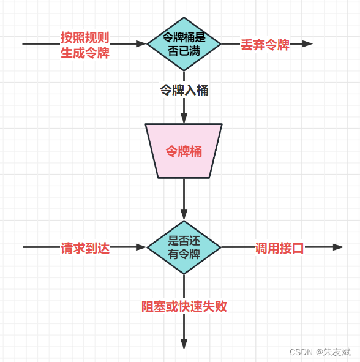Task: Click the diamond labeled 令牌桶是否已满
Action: click(x=184, y=43)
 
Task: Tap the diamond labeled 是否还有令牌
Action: click(x=184, y=247)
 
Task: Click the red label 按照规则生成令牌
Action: click(x=84, y=45)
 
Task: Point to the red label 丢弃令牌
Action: click(x=265, y=45)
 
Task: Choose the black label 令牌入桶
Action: click(x=184, y=90)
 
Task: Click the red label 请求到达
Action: click(x=84, y=248)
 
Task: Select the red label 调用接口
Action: click(x=279, y=248)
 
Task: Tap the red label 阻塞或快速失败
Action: click(x=184, y=306)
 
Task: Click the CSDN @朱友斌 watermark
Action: click(x=320, y=352)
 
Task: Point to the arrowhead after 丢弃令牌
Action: click(x=307, y=44)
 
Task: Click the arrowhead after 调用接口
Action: click(x=338, y=247)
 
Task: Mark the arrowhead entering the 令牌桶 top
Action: click(x=184, y=118)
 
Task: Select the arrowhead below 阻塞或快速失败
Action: click(x=184, y=344)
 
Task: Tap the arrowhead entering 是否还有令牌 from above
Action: click(x=184, y=216)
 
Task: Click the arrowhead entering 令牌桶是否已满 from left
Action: click(x=141, y=44)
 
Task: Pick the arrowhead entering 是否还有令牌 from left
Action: click(x=141, y=247)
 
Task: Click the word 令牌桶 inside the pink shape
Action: click(x=184, y=151)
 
